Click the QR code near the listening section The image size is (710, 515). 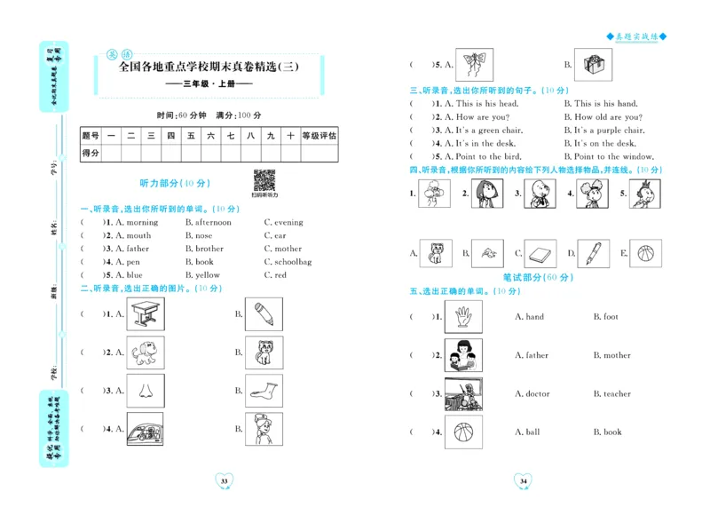pyautogui.click(x=264, y=179)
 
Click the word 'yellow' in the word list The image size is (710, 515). pyautogui.click(x=207, y=275)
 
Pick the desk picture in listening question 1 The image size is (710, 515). pyautogui.click(x=145, y=314)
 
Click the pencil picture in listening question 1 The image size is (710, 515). pyautogui.click(x=264, y=314)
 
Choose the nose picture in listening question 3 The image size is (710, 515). pyautogui.click(x=145, y=391)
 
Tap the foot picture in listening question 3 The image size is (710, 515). pyautogui.click(x=264, y=391)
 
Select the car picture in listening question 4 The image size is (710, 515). pyautogui.click(x=145, y=430)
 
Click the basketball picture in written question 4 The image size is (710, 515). pyautogui.click(x=463, y=432)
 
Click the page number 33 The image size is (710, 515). pyautogui.click(x=224, y=481)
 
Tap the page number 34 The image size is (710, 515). pyautogui.click(x=523, y=481)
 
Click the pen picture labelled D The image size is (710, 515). pyautogui.click(x=593, y=254)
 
